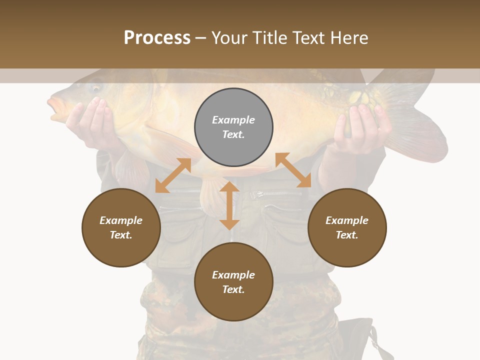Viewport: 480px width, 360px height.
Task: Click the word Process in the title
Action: coord(157,38)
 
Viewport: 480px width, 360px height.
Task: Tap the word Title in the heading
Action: coord(269,38)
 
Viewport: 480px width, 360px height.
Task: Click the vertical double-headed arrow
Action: coord(229,205)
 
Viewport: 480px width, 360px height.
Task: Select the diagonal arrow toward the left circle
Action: coord(173,175)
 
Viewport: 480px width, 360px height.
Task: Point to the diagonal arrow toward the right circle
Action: coord(293,170)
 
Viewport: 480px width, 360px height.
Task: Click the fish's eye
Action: coord(95,88)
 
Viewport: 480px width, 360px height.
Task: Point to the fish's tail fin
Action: coord(420,120)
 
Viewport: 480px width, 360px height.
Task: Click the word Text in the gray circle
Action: coord(233,134)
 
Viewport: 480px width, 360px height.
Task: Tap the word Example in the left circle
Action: coord(121,220)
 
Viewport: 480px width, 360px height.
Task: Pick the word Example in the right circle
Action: coord(347,220)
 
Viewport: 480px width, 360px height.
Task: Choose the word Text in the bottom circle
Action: coord(233,289)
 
